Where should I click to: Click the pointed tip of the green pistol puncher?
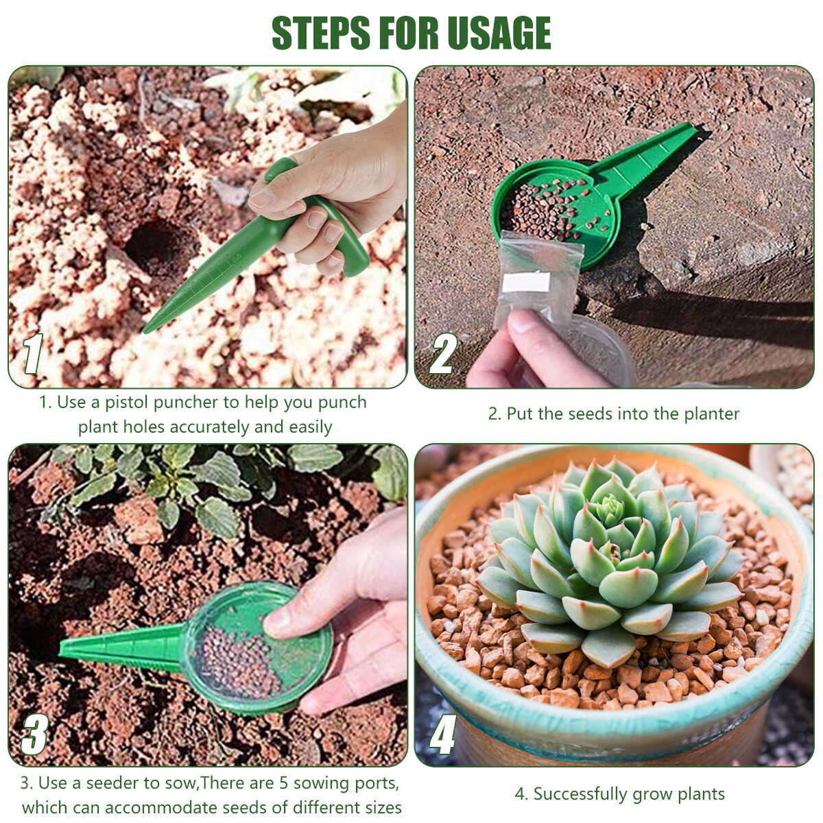click(x=148, y=330)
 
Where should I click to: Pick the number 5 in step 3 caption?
click(x=283, y=783)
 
